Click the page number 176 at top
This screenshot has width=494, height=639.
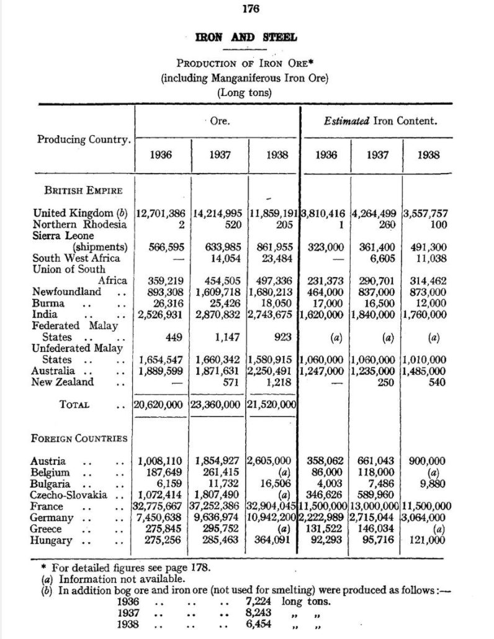(x=247, y=9)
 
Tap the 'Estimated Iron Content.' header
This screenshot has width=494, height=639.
(x=380, y=121)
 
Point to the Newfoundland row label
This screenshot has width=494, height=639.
(x=66, y=291)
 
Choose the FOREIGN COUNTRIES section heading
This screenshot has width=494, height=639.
(x=79, y=438)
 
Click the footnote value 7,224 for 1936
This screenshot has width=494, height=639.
(x=260, y=601)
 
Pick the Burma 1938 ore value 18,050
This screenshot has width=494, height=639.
(x=275, y=302)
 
